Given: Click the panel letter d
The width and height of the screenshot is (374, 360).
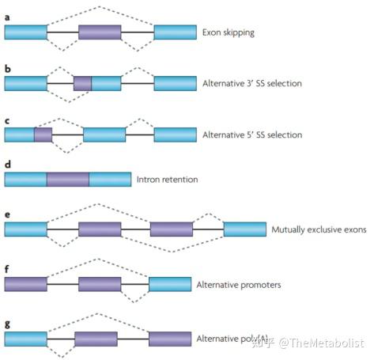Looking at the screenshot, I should coord(7,165).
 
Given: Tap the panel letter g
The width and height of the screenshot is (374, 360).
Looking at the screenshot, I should coord(7,324).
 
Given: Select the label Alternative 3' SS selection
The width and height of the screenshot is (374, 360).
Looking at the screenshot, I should coord(250,83).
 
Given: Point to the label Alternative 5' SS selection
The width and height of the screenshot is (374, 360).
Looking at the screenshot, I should coord(250,135).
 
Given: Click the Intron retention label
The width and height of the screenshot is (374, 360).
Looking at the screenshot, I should coord(167,180).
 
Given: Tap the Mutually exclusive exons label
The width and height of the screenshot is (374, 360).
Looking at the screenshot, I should coord(319,229).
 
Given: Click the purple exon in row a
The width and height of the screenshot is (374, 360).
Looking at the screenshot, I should coord(100,32).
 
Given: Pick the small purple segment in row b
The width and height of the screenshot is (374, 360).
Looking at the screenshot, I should coord(82,83).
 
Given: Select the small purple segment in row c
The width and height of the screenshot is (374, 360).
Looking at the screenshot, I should coord(43,135).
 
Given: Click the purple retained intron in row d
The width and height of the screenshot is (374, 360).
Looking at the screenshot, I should coord(67,180).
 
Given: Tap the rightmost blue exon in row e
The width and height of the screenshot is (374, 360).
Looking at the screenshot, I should coord(244,229).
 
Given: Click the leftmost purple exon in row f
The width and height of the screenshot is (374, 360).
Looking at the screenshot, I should coord(26,283).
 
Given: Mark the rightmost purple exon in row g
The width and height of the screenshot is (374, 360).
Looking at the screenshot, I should coord(170,339).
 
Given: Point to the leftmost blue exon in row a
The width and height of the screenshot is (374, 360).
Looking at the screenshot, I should coord(25,32).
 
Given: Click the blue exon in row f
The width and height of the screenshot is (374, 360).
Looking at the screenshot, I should coord(169,283).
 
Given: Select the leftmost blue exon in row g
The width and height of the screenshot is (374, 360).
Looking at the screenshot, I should coord(25,339).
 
